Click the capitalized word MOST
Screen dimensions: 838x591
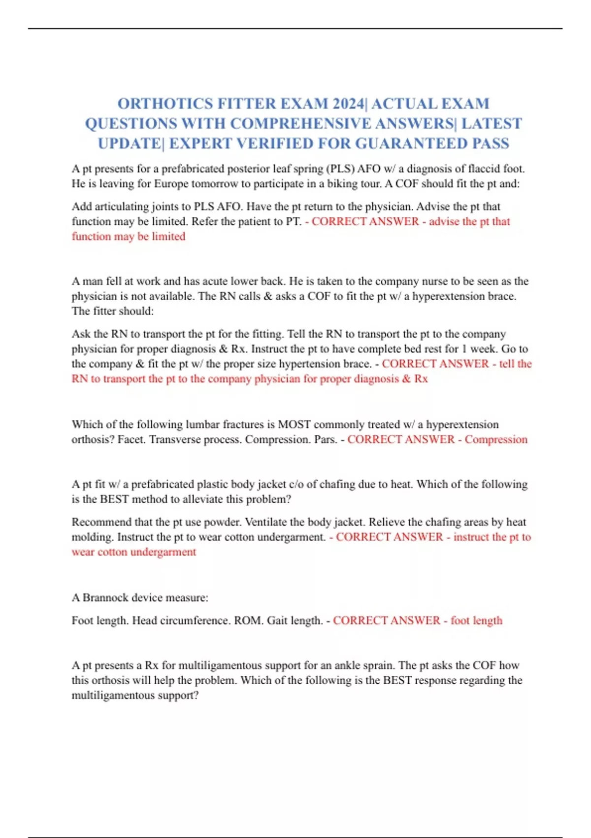point(294,424)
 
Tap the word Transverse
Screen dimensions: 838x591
point(175,439)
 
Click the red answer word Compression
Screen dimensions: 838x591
point(496,439)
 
